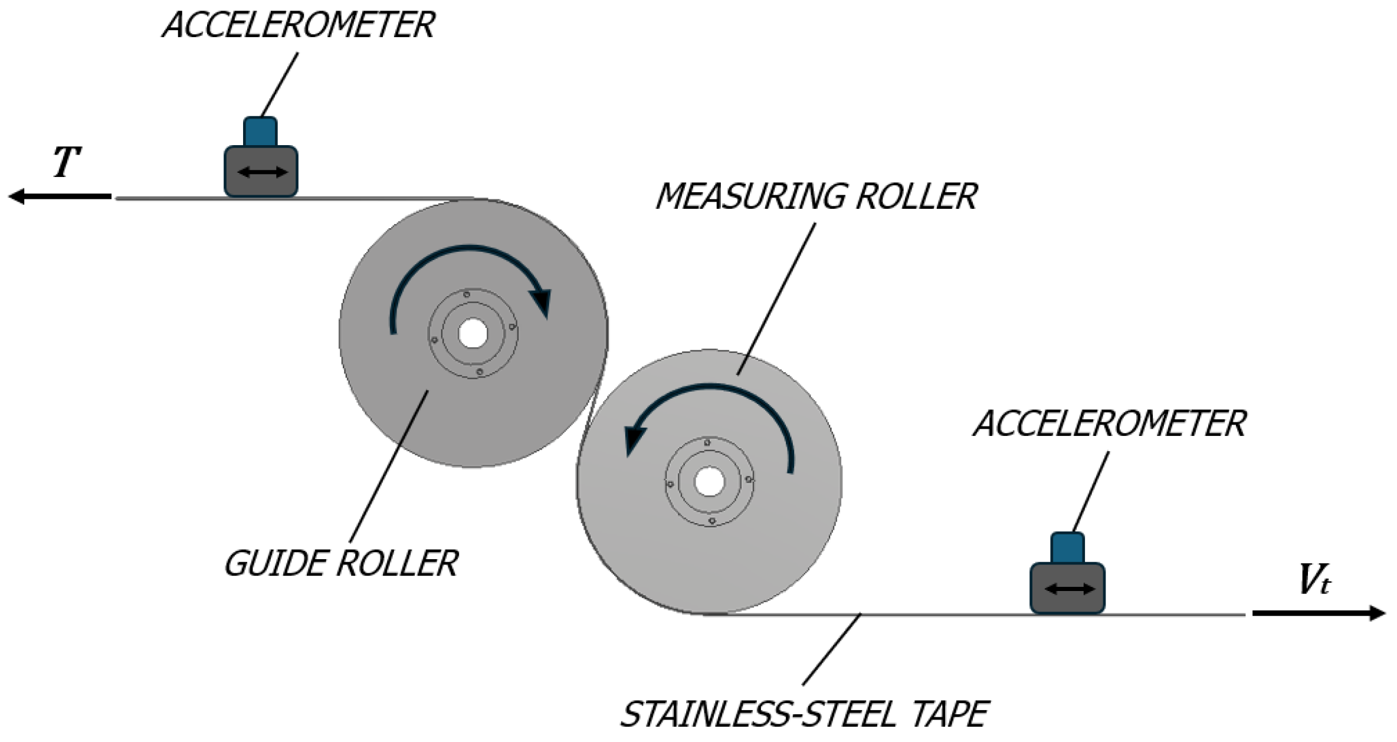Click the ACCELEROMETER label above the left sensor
coord(299,26)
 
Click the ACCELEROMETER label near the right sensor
coord(1109,423)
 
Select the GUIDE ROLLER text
coord(341,564)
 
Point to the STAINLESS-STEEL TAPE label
coord(804,715)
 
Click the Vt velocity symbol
coord(1314,580)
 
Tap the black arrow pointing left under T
coord(59,196)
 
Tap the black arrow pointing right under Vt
coord(1319,613)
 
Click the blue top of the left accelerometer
coord(260,131)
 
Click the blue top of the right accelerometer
coord(1067,547)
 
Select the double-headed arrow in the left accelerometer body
coord(262,172)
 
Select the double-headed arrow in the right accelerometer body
coord(1069,589)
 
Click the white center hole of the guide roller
coord(473,334)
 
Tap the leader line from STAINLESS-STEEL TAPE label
coord(832,649)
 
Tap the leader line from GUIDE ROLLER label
coord(389,466)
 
